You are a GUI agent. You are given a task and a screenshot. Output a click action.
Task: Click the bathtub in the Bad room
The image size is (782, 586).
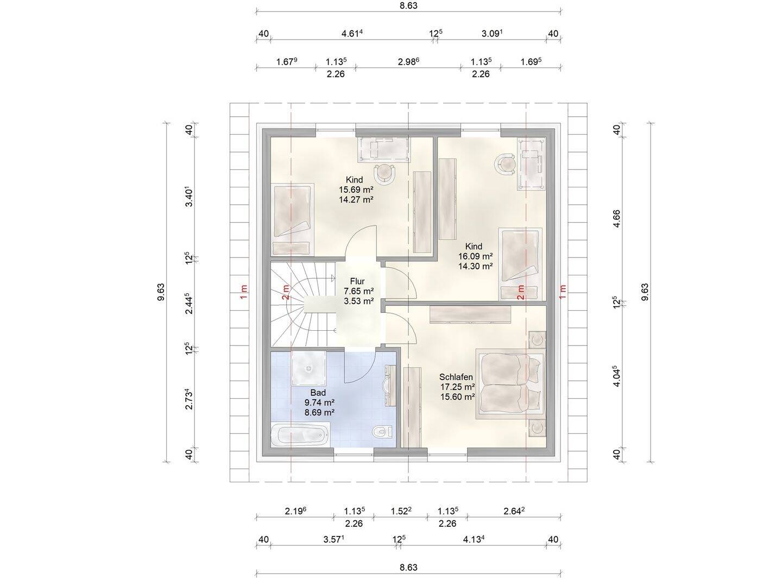click(299, 434)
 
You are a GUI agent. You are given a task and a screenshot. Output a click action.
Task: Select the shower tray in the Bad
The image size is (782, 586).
click(308, 368)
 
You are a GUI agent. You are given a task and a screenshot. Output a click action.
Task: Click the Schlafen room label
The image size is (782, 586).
click(456, 377)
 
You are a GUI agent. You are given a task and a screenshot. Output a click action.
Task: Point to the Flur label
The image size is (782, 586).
click(357, 281)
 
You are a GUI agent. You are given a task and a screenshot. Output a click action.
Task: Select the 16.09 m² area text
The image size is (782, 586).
click(475, 256)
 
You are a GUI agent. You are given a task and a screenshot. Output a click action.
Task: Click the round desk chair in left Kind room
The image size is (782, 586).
click(385, 173)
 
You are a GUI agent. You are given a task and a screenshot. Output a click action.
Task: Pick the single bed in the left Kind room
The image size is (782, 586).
click(292, 219)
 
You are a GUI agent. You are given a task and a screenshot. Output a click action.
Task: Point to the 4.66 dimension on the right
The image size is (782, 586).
click(617, 218)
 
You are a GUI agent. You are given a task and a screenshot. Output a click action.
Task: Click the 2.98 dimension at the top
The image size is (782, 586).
click(408, 61)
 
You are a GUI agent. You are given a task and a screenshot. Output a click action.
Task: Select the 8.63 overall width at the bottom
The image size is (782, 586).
click(408, 567)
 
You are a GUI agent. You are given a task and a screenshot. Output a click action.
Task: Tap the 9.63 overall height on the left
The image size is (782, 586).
click(161, 292)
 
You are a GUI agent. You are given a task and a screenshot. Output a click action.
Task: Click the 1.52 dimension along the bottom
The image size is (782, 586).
click(401, 511)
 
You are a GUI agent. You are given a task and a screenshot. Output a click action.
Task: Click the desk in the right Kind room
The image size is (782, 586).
click(532, 164)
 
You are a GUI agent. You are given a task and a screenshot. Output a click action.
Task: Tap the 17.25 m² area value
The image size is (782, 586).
click(457, 387)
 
